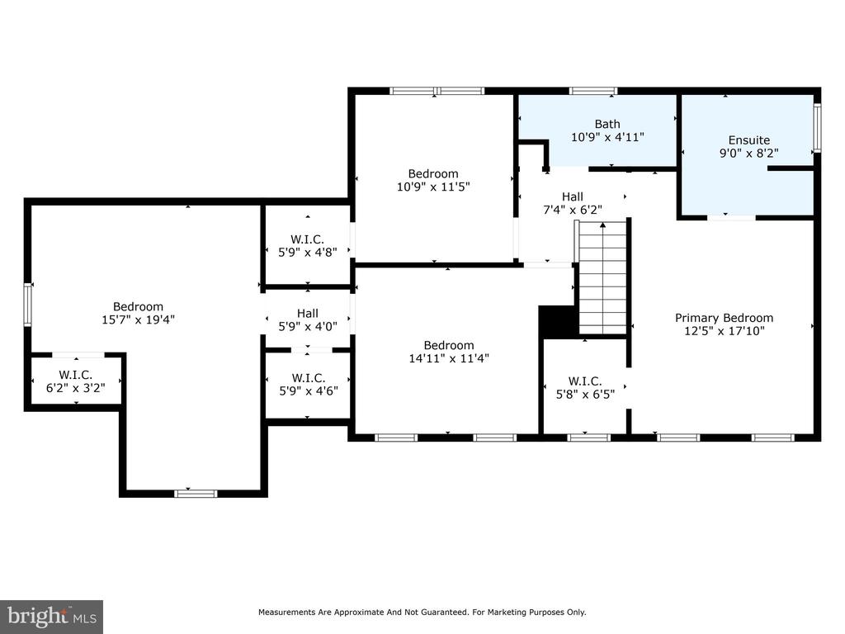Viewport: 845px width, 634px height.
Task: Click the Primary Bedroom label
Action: pos(724,318)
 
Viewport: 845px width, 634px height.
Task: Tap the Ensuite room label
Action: pos(748,140)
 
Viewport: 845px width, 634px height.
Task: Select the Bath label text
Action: pos(607,124)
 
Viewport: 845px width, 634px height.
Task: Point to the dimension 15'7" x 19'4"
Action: pos(138,319)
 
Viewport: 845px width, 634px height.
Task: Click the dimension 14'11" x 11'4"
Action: pos(449,358)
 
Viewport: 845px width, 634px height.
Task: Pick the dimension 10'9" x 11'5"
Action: pos(433,187)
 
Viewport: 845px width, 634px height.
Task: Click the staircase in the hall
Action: pos(602,278)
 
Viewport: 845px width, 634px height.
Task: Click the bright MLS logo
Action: pos(52,617)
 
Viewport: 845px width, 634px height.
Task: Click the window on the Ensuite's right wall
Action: pos(817,128)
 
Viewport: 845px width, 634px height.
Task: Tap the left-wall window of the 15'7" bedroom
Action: pos(27,305)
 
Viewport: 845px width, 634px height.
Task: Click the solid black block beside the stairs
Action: pos(558,322)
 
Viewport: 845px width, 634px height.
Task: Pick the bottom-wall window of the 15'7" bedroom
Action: pos(196,494)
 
